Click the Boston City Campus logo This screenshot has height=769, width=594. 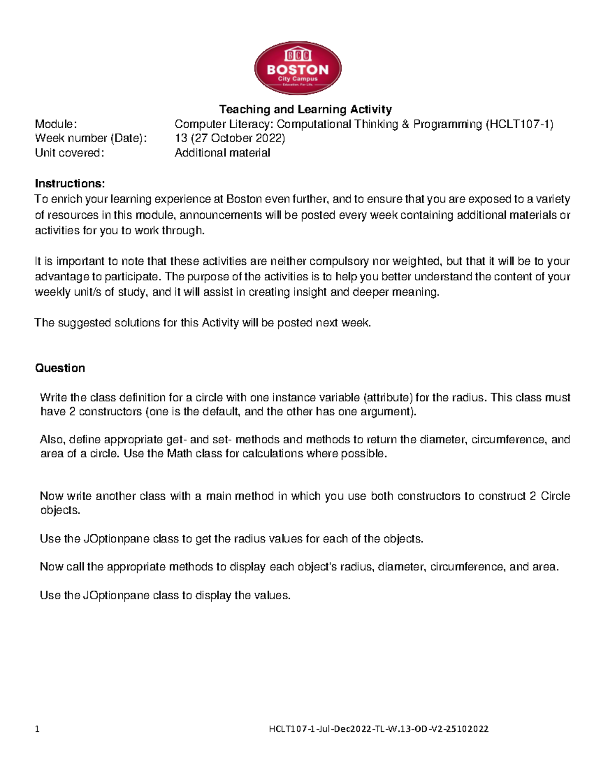(297, 68)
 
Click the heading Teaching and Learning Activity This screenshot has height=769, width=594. (305, 109)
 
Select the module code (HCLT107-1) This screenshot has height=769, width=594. (520, 124)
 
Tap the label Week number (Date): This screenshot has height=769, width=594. (91, 138)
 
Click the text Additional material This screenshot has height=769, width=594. (222, 153)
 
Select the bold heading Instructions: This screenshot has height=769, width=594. (70, 183)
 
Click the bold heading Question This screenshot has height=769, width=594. (60, 368)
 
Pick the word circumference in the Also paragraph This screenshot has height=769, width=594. (509, 439)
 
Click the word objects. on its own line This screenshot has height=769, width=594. (60, 511)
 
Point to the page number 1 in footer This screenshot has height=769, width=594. (37, 729)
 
